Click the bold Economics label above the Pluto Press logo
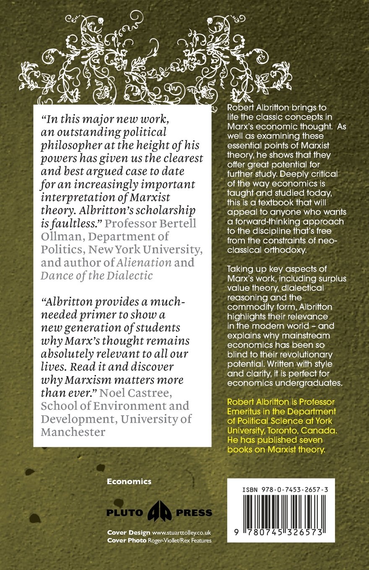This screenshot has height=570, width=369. (x=129, y=482)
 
